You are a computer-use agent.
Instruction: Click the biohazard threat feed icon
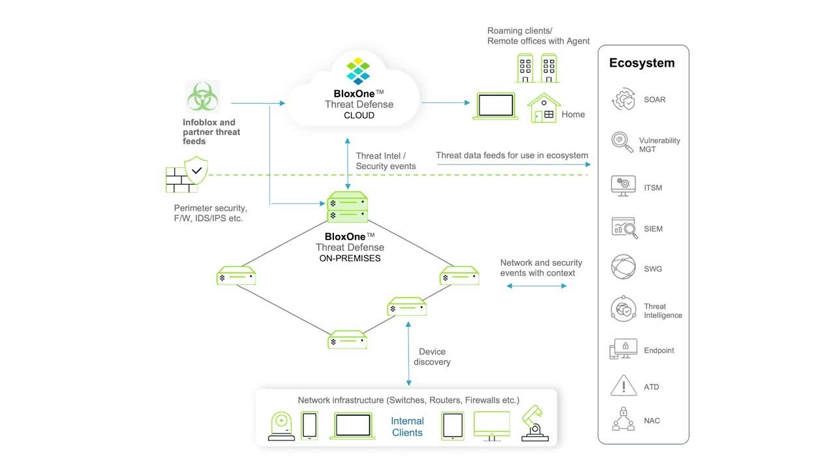[202, 97]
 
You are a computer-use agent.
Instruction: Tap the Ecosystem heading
[641, 63]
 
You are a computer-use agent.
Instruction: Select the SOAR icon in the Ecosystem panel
[623, 100]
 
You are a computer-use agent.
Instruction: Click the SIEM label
[653, 229]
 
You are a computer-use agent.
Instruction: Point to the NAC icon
[623, 419]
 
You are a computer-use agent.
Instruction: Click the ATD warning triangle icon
[623, 386]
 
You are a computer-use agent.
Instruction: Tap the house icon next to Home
[543, 108]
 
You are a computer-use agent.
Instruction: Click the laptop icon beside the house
[495, 106]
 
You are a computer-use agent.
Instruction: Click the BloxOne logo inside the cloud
[358, 71]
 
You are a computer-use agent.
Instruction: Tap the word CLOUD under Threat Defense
[359, 116]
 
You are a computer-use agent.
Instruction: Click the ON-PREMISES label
[350, 258]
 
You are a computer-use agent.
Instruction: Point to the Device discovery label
[432, 356]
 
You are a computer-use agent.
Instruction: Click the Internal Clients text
[407, 427]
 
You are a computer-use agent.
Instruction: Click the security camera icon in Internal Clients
[282, 426]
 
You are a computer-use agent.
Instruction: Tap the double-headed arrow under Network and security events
[536, 286]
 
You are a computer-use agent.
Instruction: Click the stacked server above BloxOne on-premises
[347, 207]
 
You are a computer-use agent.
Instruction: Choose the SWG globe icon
[623, 268]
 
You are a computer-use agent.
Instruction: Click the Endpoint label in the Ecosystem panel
[659, 351]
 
